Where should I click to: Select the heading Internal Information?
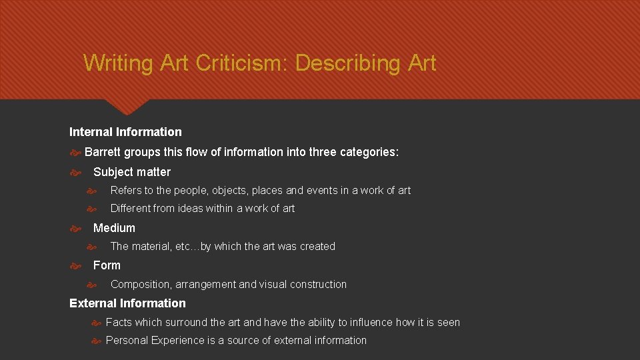point(125,132)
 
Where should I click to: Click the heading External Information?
point(127,303)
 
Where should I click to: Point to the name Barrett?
point(103,152)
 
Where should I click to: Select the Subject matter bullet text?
point(132,172)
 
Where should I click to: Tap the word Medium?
point(114,228)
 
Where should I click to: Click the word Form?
point(107,265)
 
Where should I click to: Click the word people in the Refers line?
point(190,191)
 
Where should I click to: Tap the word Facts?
point(119,323)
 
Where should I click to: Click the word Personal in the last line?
point(127,341)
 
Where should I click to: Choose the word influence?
point(370,323)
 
